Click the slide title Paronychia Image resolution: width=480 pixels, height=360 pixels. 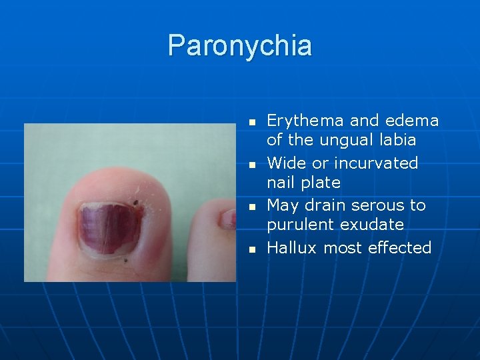pyautogui.click(x=239, y=45)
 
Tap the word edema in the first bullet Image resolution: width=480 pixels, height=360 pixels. pyautogui.click(x=413, y=121)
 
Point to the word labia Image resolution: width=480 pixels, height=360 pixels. pyautogui.click(x=396, y=140)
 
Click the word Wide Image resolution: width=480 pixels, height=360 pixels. pyautogui.click(x=285, y=163)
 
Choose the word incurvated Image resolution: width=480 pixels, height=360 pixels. pyautogui.click(x=376, y=163)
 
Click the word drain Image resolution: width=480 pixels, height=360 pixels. pyautogui.click(x=325, y=205)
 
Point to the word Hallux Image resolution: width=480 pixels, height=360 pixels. pyautogui.click(x=291, y=248)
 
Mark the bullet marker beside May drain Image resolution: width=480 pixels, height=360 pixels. pyautogui.click(x=251, y=207)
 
